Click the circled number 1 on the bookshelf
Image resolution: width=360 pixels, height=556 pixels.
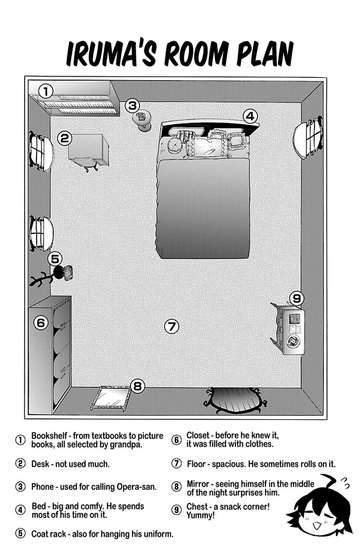click(x=45, y=91)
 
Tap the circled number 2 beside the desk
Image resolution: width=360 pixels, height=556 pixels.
click(x=64, y=138)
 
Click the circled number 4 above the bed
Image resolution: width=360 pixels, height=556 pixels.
click(x=250, y=116)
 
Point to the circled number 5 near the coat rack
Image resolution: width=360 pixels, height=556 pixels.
click(x=55, y=258)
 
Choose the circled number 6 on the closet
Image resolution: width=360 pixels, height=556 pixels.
click(x=41, y=323)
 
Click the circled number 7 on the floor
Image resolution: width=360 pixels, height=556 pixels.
click(x=171, y=326)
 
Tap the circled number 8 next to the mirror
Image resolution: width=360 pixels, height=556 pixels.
click(x=138, y=386)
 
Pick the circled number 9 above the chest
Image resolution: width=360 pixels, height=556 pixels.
click(x=296, y=298)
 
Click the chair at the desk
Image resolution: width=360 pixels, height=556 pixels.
click(x=86, y=162)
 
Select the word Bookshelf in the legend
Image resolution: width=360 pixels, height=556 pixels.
click(x=49, y=436)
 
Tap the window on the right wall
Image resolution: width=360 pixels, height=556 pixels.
click(x=308, y=139)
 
